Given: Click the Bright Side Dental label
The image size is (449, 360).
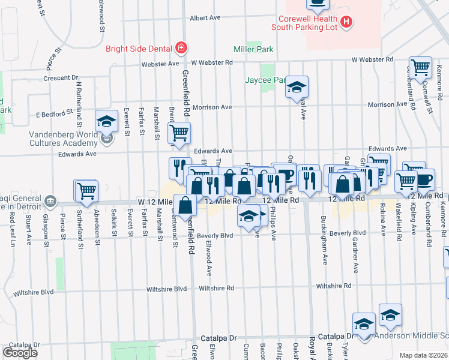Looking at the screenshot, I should point(140,49).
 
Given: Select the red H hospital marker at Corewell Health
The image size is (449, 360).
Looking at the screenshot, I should point(345,22).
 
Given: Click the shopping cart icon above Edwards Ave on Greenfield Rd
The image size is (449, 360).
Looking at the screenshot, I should point(179,133).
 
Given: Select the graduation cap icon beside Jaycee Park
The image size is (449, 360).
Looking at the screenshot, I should point(297,86).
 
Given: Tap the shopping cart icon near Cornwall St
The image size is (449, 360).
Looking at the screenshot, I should point(420,67).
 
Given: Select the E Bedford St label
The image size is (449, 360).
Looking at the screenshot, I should point(54,112).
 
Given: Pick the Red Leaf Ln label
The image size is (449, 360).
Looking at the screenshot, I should point(11,232).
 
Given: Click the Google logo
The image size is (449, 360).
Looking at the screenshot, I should point(20,352).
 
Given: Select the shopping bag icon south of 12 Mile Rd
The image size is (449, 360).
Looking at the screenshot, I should point(186,205).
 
